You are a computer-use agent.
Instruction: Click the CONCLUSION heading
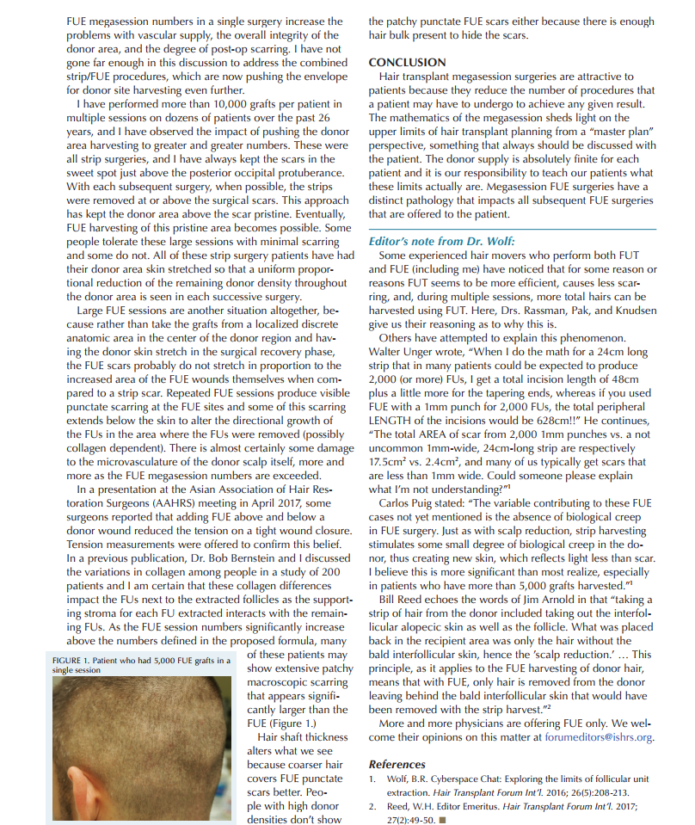[407, 63]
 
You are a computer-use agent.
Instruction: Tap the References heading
[397, 764]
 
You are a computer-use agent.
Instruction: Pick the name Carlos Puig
[409, 503]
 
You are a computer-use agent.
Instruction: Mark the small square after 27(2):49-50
[442, 819]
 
